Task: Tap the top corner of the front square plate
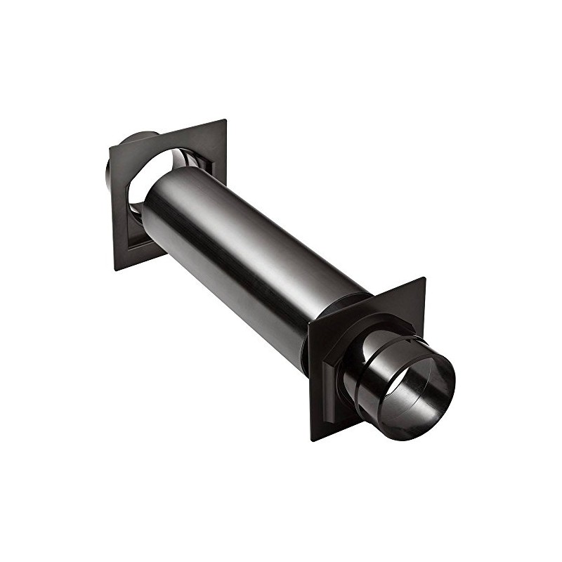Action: pos(424,278)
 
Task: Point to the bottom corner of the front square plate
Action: pos(312,440)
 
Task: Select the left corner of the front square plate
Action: pos(309,324)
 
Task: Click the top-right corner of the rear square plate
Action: pos(226,120)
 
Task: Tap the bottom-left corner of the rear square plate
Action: pos(115,270)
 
